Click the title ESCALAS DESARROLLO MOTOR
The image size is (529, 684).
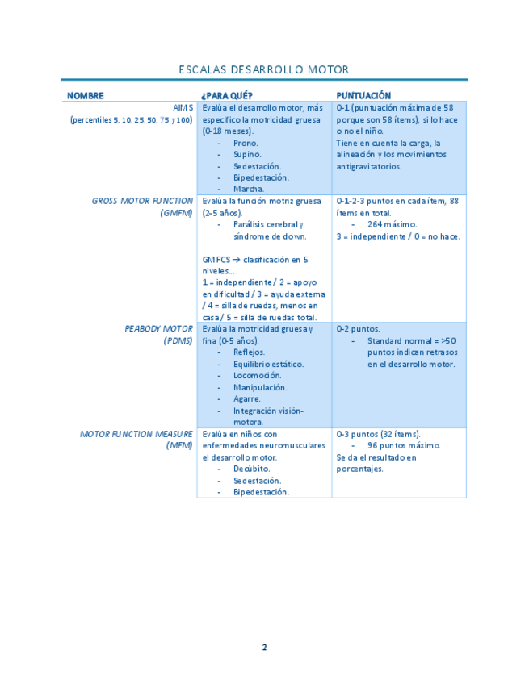click(264, 69)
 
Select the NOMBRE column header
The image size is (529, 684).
click(85, 95)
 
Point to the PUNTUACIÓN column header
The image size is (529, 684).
click(363, 95)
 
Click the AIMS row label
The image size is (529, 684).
click(183, 107)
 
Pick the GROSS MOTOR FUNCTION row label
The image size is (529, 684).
click(142, 201)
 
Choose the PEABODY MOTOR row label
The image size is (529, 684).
click(158, 329)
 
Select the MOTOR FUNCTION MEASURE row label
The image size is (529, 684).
click(136, 434)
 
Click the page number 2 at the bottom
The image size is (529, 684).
click(264, 647)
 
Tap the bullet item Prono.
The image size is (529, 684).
click(246, 143)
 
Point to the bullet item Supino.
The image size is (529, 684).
click(247, 154)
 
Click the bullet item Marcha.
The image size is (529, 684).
click(248, 190)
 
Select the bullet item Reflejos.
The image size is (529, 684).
click(249, 352)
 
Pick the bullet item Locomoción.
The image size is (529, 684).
click(257, 376)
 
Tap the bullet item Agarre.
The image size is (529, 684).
click(247, 398)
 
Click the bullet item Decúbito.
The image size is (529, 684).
click(251, 469)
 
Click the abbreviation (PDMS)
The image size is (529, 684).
click(178, 340)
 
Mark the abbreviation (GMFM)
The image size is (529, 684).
click(177, 213)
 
